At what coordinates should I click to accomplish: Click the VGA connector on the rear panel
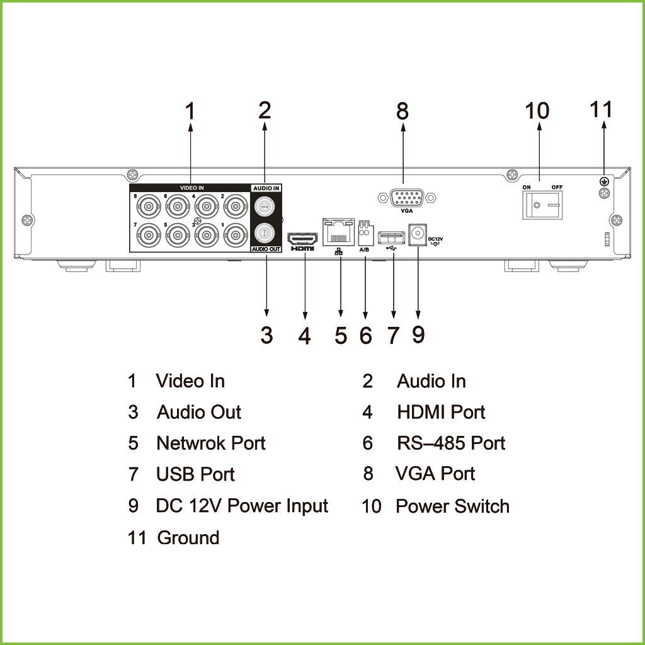tap(407, 198)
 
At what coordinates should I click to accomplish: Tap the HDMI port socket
tap(302, 239)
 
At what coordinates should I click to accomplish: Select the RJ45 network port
tap(338, 232)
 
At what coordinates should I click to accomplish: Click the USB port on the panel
tap(391, 238)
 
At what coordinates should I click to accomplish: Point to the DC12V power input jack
tap(418, 234)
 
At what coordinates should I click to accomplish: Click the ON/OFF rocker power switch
tap(542, 205)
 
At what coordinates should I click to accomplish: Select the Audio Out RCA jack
tap(264, 234)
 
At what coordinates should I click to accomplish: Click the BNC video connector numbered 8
tap(149, 207)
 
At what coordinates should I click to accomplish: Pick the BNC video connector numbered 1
tap(236, 236)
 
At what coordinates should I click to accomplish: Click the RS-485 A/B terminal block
tap(366, 233)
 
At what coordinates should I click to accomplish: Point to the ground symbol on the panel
tap(604, 181)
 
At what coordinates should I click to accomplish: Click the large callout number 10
tap(537, 111)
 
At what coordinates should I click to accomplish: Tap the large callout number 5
tap(341, 335)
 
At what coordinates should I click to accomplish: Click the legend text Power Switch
tap(452, 506)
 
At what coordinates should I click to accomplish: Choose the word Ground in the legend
tap(188, 538)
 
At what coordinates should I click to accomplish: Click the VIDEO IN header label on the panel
tap(191, 188)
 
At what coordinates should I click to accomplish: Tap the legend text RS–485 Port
tap(451, 443)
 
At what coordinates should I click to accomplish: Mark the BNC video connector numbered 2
tap(236, 207)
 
